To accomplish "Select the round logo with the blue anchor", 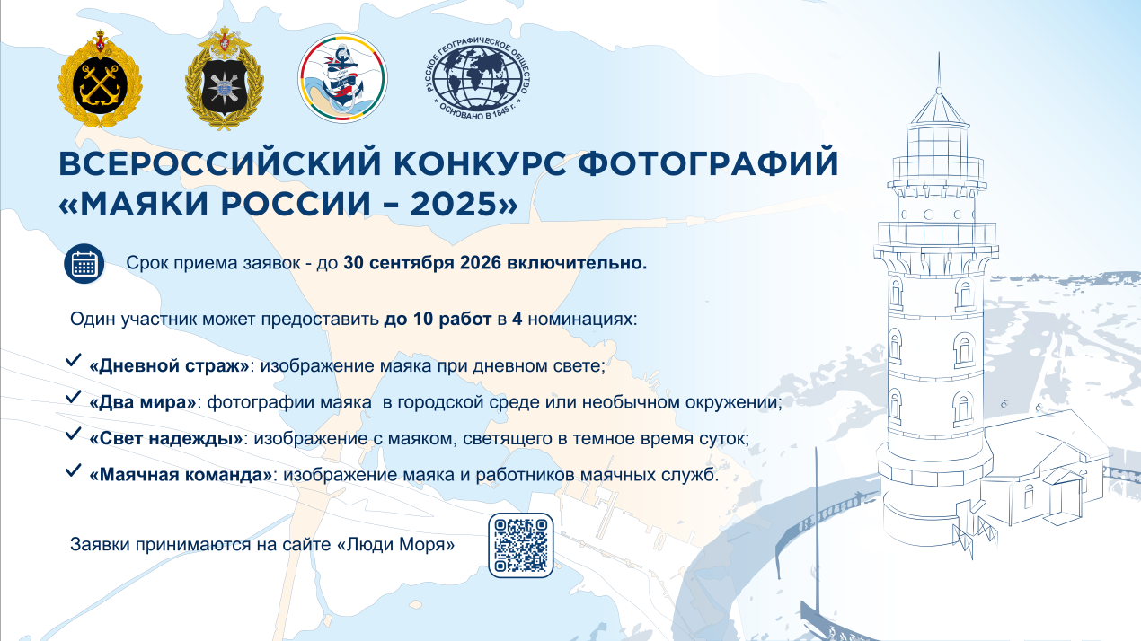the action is [x=343, y=78].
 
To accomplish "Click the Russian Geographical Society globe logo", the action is [x=478, y=79].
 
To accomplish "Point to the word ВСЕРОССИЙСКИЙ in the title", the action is [x=220, y=162].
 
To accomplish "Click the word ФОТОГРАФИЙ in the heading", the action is [x=708, y=162].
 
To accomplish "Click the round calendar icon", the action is [x=84, y=264].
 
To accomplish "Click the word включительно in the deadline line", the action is [x=577, y=263].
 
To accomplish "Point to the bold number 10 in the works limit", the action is [x=423, y=320].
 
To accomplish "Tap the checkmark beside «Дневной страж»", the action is [x=74, y=359].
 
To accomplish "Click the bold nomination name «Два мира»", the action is [x=143, y=402].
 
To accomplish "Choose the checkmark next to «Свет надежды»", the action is [x=74, y=434].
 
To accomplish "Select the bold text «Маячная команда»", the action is [x=181, y=475].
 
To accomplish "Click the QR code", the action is [x=520, y=545].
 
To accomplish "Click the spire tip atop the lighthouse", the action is [x=939, y=52].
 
